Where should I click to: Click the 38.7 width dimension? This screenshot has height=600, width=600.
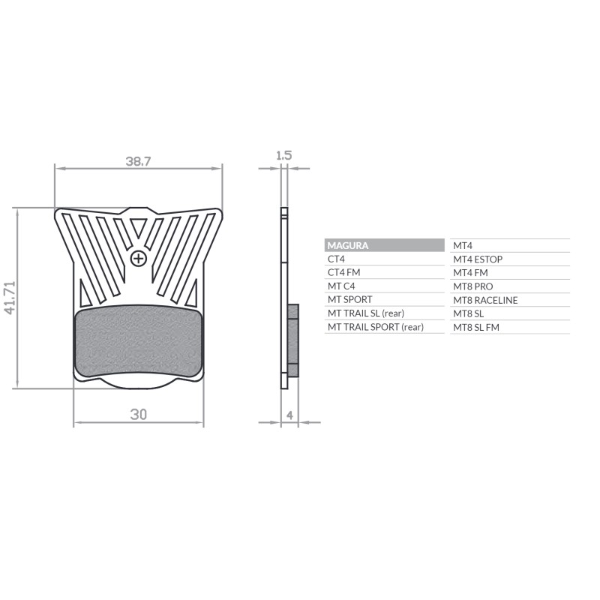tap(138, 160)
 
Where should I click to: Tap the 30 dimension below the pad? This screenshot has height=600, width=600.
tap(138, 414)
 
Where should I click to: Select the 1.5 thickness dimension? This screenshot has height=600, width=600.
tap(283, 156)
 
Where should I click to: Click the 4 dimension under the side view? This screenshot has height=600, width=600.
tap(289, 414)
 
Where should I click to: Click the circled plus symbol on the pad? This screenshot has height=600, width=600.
tap(138, 259)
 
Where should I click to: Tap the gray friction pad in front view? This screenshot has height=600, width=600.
tap(139, 343)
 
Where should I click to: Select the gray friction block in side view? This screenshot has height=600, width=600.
tap(293, 340)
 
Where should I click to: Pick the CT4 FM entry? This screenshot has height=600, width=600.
tap(344, 272)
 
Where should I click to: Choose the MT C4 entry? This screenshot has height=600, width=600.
tap(341, 286)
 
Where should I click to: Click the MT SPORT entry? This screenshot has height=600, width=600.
tap(349, 299)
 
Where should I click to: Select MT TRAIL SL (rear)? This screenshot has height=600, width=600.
tap(365, 313)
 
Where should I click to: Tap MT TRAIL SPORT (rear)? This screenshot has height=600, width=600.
tap(375, 327)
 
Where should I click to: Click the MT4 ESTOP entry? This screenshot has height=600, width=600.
tap(478, 259)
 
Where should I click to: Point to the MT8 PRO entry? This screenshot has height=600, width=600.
tap(473, 286)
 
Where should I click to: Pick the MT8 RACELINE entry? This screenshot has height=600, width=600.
tap(485, 300)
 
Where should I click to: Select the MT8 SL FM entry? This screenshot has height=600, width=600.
tap(476, 327)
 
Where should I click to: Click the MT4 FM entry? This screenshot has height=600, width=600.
tap(470, 273)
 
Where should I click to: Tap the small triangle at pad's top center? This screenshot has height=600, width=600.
tap(138, 226)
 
